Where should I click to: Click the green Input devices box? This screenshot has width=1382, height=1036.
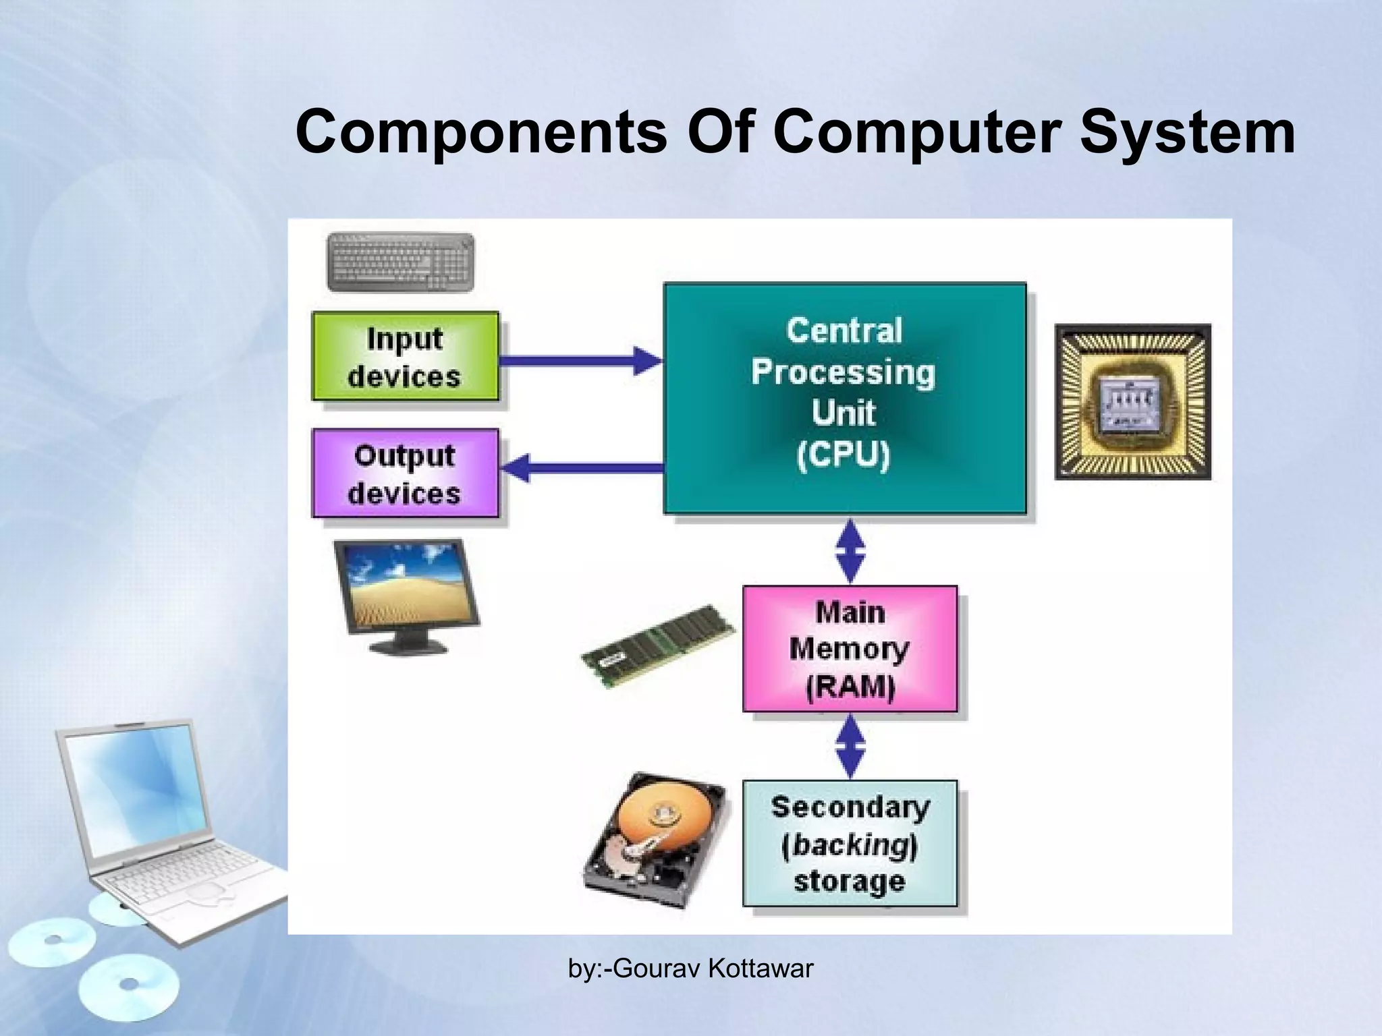[405, 357]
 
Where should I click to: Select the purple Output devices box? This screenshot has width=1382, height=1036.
[405, 473]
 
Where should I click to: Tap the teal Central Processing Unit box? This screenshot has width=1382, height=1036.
[845, 398]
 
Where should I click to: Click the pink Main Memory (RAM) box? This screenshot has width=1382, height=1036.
[850, 649]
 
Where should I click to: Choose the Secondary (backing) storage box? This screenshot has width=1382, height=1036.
[850, 843]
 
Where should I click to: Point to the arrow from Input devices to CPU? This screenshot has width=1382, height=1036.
[580, 361]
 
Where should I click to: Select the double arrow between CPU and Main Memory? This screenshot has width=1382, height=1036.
[850, 550]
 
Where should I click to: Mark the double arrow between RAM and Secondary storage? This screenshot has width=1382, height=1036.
[850, 746]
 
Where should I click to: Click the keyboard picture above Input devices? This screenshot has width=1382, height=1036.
[400, 262]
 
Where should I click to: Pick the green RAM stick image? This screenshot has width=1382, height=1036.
[659, 645]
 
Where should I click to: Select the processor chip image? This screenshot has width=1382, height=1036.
[1133, 402]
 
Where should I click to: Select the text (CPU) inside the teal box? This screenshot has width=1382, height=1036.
[844, 455]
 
